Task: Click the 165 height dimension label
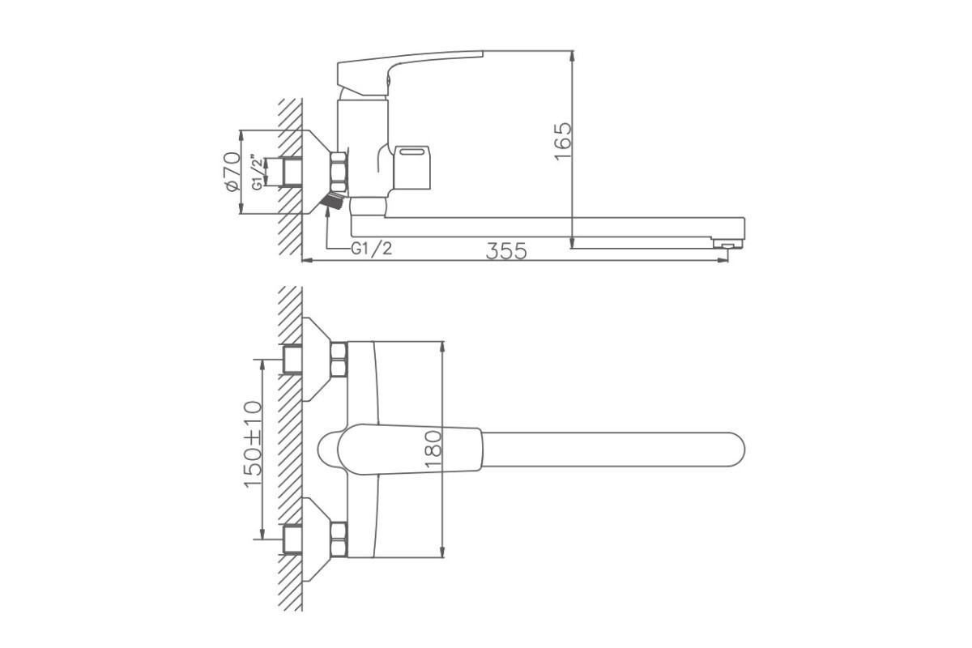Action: click(564, 142)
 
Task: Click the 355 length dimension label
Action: click(506, 251)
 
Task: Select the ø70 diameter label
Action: click(232, 171)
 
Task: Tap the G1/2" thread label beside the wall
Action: click(258, 173)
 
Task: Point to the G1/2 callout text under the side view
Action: click(371, 248)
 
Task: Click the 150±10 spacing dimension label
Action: click(254, 444)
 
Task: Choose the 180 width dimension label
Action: click(433, 450)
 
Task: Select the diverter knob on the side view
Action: click(411, 167)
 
